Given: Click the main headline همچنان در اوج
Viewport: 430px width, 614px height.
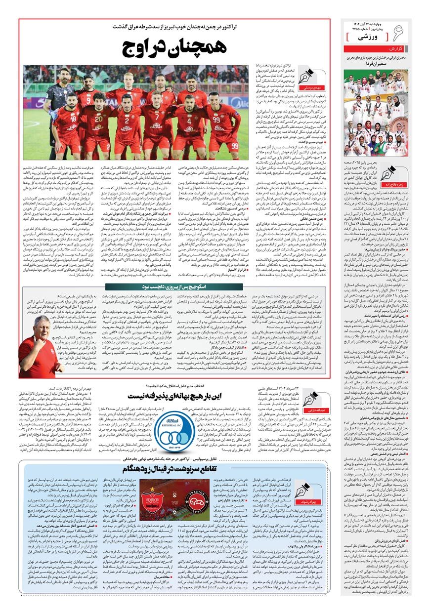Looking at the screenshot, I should (x=174, y=47).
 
